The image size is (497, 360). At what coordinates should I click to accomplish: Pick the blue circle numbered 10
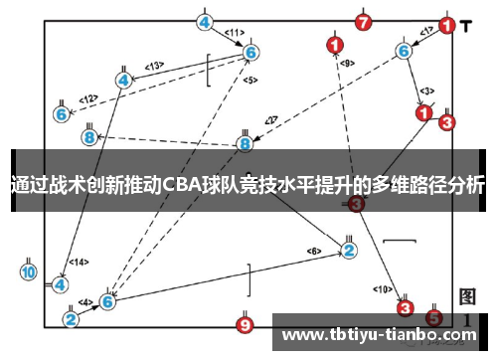[x=28, y=270]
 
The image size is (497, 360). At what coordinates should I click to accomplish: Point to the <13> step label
[x=153, y=66]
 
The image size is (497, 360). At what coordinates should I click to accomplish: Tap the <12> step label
[x=88, y=98]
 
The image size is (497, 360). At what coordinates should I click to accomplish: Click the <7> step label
[x=270, y=121]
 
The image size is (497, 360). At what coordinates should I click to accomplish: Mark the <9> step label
[x=347, y=63]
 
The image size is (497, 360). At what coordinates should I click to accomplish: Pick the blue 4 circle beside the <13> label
[x=123, y=80]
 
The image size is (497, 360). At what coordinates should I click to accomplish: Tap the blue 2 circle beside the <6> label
[x=349, y=251]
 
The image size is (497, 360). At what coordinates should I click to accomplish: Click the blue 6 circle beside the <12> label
[x=62, y=114]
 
